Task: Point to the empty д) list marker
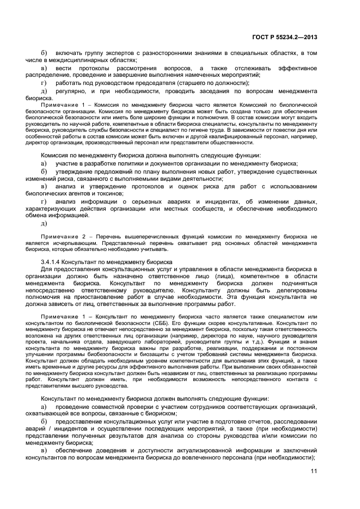(x=44, y=223)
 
